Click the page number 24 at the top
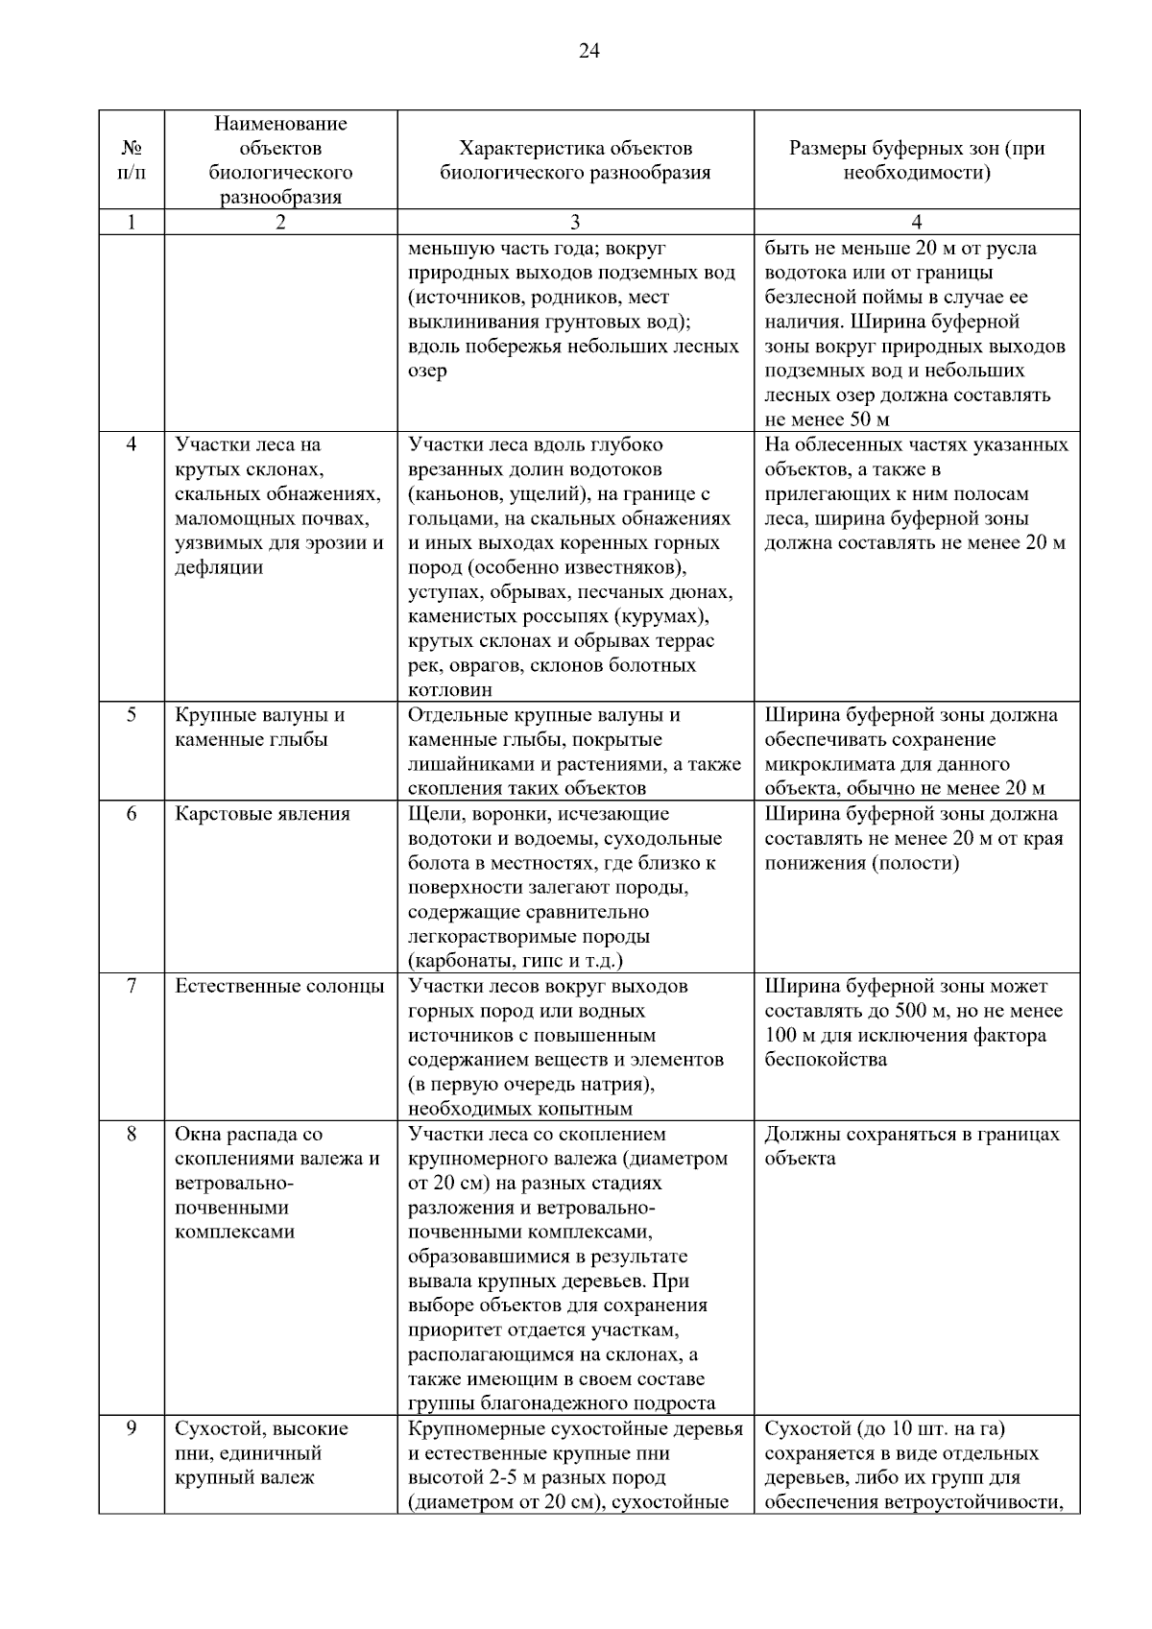(589, 51)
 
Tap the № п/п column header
(132, 160)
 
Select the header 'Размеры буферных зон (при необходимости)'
(917, 160)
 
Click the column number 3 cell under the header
(575, 222)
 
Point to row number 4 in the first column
(132, 444)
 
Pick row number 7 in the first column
(132, 986)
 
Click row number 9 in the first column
(132, 1428)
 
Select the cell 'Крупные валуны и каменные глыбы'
(260, 728)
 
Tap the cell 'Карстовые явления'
(262, 814)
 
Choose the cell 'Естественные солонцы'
(279, 986)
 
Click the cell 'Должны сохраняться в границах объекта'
(912, 1146)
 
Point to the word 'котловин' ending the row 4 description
(450, 690)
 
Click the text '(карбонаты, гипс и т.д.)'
(516, 961)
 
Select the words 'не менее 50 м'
(827, 419)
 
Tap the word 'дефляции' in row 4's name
(219, 567)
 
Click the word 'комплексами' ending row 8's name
(234, 1232)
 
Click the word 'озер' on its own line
(427, 371)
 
